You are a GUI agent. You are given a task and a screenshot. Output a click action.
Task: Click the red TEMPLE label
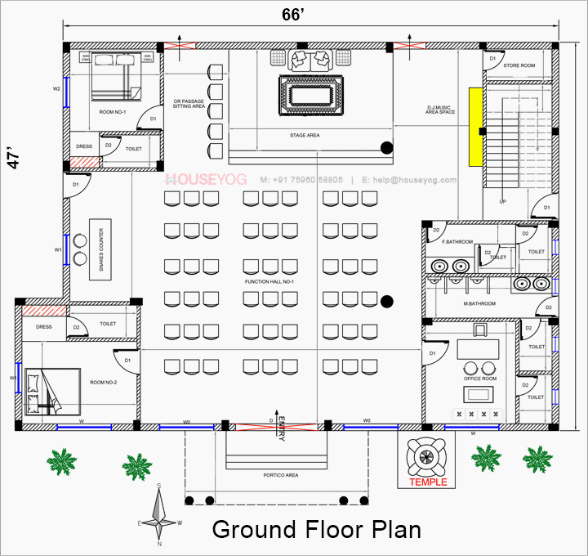[428, 482]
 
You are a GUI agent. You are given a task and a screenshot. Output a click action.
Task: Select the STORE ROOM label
[519, 65]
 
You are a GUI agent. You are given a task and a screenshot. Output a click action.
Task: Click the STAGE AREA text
[304, 135]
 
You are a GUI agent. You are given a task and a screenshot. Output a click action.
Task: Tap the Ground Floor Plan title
[317, 529]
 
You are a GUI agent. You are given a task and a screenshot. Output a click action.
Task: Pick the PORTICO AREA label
[280, 474]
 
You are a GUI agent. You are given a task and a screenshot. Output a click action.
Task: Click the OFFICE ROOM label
[479, 378]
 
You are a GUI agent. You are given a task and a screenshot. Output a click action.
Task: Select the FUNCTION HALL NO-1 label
[269, 282]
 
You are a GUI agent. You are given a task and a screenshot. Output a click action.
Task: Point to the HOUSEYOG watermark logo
[200, 179]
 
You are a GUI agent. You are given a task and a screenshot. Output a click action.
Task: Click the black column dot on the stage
[386, 148]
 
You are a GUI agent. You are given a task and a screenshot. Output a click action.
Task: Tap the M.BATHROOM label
[457, 304]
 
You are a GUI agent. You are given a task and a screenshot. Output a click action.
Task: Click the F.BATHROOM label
[458, 243]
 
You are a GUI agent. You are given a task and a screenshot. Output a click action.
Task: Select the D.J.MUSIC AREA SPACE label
[440, 110]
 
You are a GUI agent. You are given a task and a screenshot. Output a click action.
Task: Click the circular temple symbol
[425, 455]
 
